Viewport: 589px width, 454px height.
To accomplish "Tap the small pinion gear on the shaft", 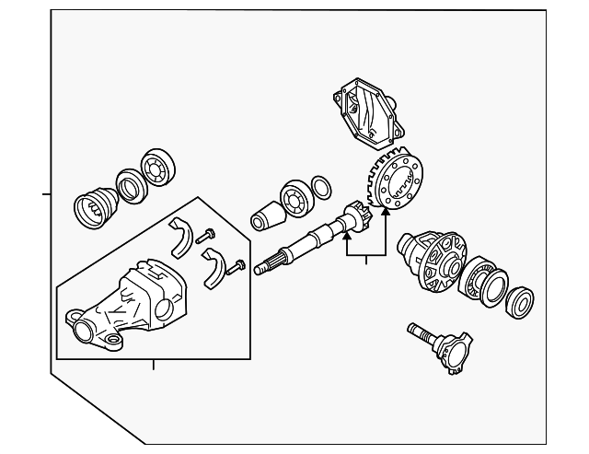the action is click(356, 221).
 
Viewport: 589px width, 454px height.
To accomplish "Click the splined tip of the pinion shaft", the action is click(264, 268).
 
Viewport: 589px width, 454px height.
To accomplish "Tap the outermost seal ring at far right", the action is click(520, 301).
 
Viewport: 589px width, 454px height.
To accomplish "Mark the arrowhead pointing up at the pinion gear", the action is click(347, 238).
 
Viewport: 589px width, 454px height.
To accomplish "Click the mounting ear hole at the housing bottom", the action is click(114, 345).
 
